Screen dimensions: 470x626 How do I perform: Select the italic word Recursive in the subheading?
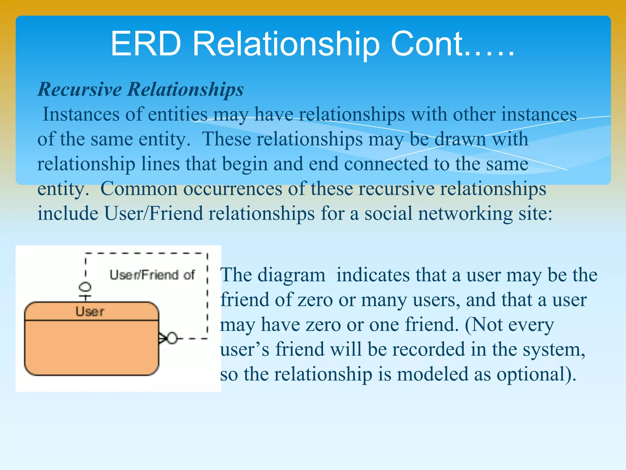point(79,89)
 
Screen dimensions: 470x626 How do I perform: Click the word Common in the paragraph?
point(139,189)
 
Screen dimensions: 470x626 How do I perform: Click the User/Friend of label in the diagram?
point(152,275)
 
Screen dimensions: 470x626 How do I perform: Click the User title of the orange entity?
point(90,312)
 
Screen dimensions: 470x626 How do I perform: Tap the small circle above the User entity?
point(85,287)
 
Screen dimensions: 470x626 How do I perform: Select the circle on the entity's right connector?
point(172,338)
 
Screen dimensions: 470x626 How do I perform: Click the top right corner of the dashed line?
point(207,254)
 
